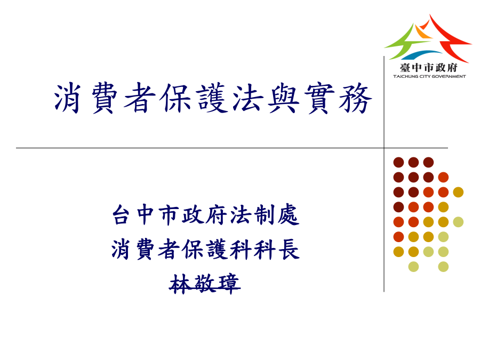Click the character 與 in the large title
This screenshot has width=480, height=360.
coord(283,98)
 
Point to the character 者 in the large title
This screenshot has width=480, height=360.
coord(140,98)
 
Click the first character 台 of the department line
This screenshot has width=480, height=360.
coord(121,215)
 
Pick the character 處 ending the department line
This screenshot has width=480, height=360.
coord(289,215)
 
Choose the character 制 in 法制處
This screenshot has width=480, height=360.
coord(265,215)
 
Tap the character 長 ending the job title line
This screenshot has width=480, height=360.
coord(289,250)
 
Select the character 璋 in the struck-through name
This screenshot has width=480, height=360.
coord(229,284)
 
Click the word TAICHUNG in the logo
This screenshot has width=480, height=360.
coord(406,76)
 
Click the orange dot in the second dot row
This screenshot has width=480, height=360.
coord(443,177)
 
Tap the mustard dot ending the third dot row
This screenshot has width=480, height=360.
coord(458,192)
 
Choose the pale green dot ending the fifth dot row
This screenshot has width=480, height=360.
coord(458,222)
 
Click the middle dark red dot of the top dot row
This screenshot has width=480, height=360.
coord(413,162)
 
